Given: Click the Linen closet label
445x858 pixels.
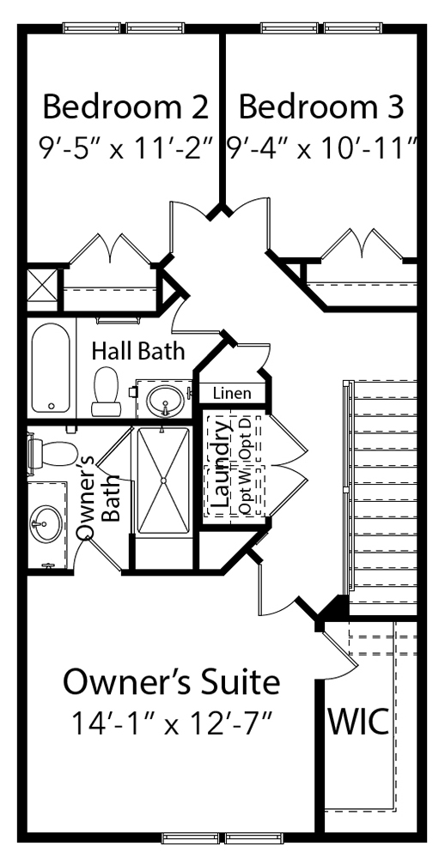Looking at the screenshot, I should pos(233,394).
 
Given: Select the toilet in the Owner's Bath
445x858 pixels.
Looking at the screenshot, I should pos(52,452).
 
